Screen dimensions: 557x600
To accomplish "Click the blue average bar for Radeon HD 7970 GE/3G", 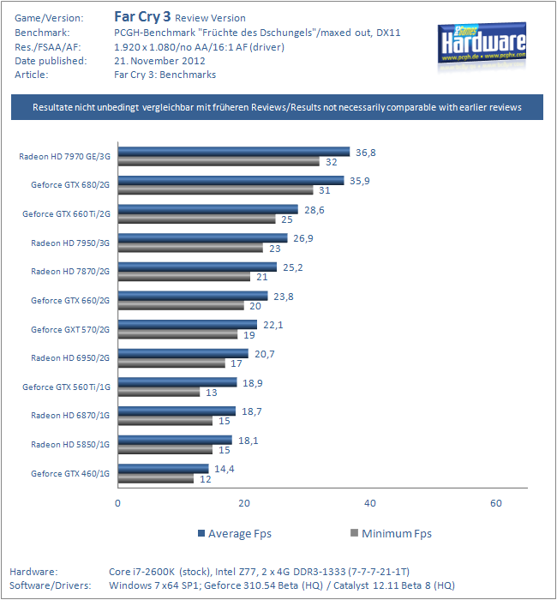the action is pyautogui.click(x=234, y=152).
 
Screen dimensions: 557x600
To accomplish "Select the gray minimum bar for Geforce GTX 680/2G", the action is pyautogui.click(x=215, y=189).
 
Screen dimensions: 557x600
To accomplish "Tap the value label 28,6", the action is pyautogui.click(x=314, y=210).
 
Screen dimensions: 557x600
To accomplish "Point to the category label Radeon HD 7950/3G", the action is pyautogui.click(x=70, y=243).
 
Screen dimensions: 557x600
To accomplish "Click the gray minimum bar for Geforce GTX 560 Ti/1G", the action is pyautogui.click(x=159, y=392).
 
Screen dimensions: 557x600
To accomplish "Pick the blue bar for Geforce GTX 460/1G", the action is pyautogui.click(x=164, y=468).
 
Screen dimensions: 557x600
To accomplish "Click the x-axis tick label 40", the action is pyautogui.click(x=370, y=503).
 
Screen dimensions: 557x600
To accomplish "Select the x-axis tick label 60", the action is pyautogui.click(x=496, y=503).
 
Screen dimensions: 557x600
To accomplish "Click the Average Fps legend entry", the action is pyautogui.click(x=235, y=533).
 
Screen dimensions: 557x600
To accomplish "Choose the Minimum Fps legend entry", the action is pyautogui.click(x=391, y=533).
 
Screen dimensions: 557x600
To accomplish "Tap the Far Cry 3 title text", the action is pyautogui.click(x=142, y=17).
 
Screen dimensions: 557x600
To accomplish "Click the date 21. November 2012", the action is pyautogui.click(x=159, y=61).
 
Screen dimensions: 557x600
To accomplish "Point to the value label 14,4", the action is pyautogui.click(x=225, y=469).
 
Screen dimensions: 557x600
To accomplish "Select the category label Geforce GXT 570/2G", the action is pyautogui.click(x=70, y=329).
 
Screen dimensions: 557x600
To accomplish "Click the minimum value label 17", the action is pyautogui.click(x=237, y=363).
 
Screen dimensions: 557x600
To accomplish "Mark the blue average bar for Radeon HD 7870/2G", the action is pyautogui.click(x=197, y=267).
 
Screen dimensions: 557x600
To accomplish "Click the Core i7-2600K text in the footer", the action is pyautogui.click(x=142, y=572).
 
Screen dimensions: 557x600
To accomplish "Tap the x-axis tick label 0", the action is pyautogui.click(x=118, y=503).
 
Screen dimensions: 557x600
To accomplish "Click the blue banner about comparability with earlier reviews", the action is pyautogui.click(x=277, y=107).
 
